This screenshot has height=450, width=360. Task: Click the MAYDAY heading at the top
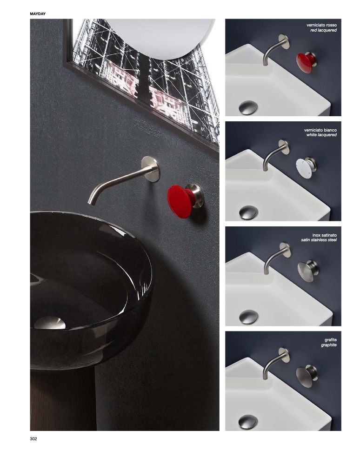click(38, 14)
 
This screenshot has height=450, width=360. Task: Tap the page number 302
click(33, 438)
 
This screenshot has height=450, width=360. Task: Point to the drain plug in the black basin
click(50, 323)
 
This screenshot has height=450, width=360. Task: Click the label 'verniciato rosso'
click(321, 25)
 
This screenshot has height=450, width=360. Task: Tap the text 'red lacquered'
click(324, 30)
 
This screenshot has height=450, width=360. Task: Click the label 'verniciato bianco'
click(320, 130)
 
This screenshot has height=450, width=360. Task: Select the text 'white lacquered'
click(321, 135)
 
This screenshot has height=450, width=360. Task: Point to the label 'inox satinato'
click(324, 235)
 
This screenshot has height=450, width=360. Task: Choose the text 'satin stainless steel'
click(319, 240)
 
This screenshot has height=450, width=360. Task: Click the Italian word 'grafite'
click(331, 340)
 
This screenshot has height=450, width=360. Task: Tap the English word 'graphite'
click(329, 345)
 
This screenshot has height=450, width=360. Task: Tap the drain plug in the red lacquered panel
click(248, 108)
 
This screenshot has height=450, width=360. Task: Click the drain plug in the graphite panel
click(248, 422)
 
